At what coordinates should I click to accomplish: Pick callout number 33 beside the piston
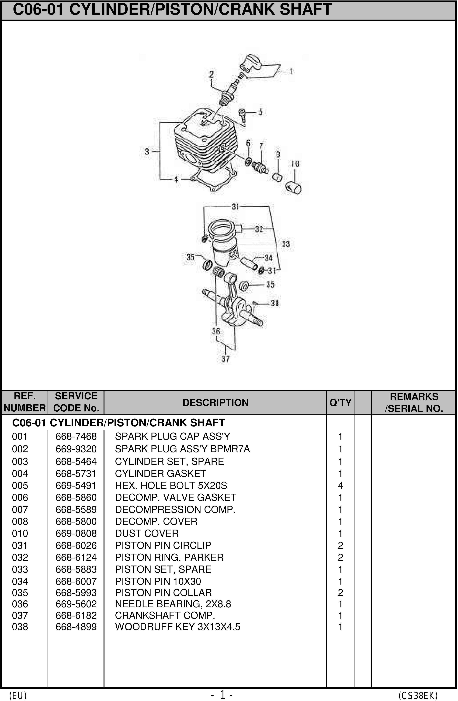[x=285, y=244]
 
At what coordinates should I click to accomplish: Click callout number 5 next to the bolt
[x=260, y=112]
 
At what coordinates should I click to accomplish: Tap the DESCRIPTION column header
[x=215, y=403]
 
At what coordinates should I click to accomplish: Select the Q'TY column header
[x=340, y=403]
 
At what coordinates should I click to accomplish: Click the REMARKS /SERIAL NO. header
[x=414, y=403]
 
